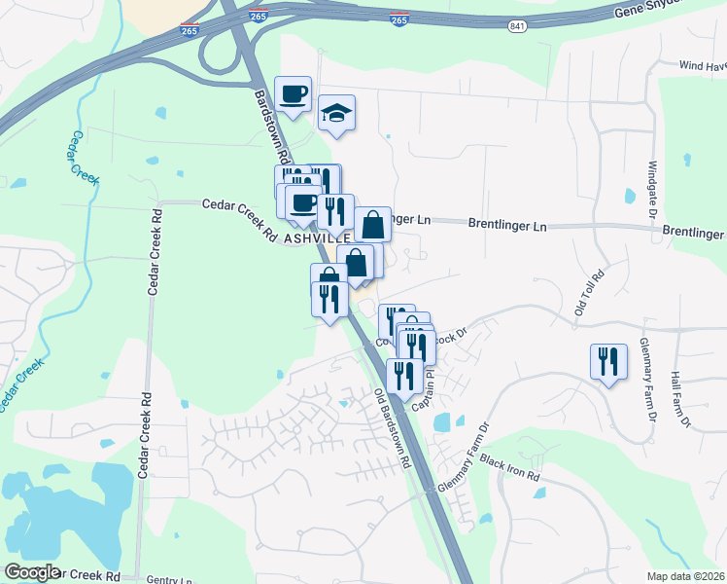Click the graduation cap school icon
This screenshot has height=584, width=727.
[336, 114]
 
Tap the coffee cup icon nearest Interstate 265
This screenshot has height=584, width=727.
[294, 94]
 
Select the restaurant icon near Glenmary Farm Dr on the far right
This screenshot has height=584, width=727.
[608, 361]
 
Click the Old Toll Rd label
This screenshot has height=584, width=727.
[589, 293]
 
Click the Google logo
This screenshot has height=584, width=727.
[31, 572]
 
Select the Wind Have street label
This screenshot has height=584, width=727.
[702, 66]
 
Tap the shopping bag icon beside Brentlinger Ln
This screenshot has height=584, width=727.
[372, 225]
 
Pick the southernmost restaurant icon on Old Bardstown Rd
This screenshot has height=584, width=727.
[404, 376]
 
